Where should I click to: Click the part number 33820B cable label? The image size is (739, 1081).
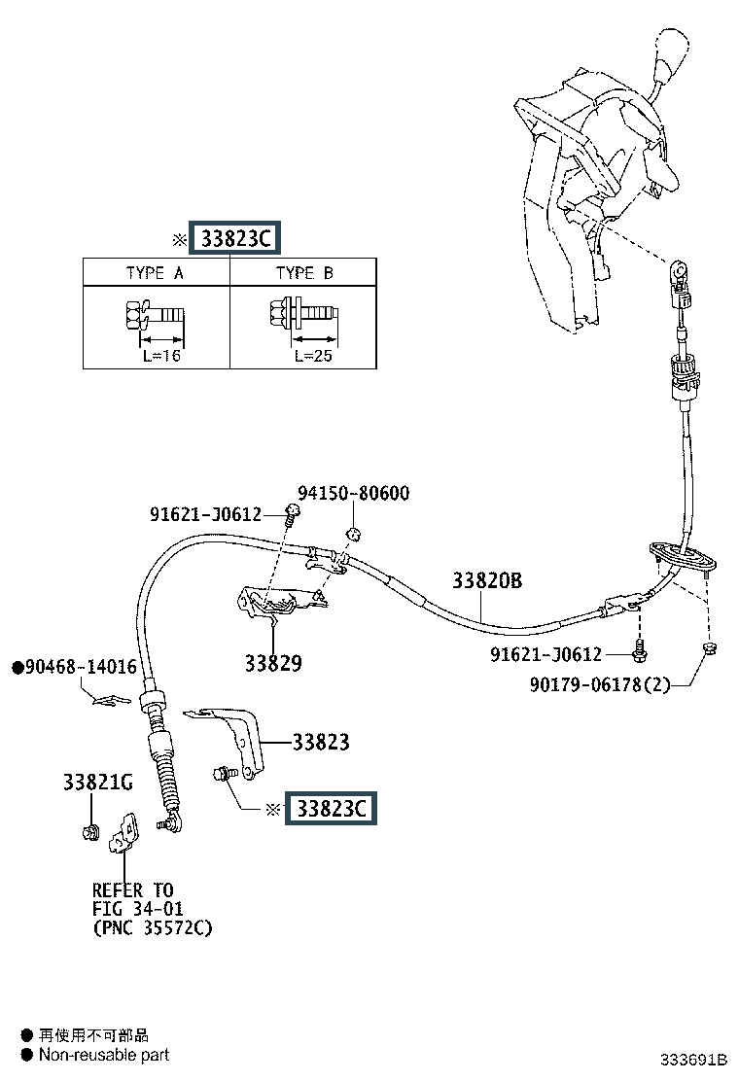click(x=487, y=580)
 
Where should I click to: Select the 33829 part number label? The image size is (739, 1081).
click(x=273, y=663)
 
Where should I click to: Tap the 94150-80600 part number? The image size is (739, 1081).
click(x=354, y=493)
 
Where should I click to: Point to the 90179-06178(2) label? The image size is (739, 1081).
click(x=600, y=684)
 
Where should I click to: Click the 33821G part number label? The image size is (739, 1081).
click(x=98, y=783)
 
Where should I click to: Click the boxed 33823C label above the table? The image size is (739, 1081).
click(x=235, y=238)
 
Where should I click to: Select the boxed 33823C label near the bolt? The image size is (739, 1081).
click(x=331, y=808)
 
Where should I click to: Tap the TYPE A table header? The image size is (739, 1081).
click(x=156, y=273)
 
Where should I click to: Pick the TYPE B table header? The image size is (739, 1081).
click(x=304, y=273)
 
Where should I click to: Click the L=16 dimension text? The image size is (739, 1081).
click(x=161, y=356)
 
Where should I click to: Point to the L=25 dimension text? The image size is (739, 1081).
click(x=313, y=356)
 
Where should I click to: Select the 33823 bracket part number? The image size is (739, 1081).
click(x=321, y=743)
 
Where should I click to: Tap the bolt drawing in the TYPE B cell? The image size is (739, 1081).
click(x=302, y=315)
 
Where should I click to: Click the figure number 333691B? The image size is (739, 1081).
click(x=693, y=1060)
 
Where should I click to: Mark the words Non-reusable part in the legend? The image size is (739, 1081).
click(x=104, y=1055)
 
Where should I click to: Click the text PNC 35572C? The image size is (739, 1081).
click(x=153, y=928)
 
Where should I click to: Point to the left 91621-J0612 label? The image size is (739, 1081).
click(x=205, y=514)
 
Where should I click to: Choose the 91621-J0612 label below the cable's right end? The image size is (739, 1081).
click(x=545, y=654)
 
